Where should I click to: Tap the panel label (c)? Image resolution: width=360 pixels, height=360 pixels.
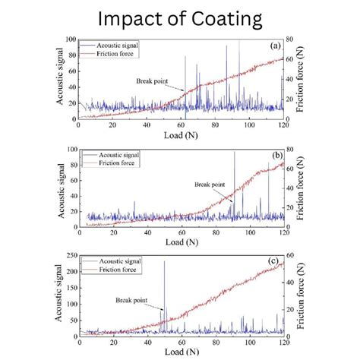coord(274,265)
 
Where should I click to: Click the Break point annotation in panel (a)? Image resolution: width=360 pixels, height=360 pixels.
coord(153,81)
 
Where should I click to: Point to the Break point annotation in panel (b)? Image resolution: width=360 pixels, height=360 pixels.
coord(209,185)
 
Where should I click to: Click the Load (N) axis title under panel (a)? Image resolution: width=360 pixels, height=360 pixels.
coord(181,136)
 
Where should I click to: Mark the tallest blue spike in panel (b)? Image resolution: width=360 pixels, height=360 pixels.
coord(234,153)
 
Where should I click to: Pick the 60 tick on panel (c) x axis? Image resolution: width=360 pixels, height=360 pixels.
coord(181,343)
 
